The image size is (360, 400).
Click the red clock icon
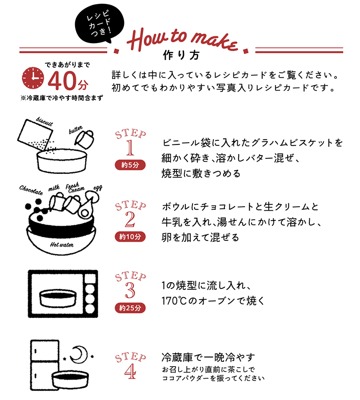click(x=33, y=78)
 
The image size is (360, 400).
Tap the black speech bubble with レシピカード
click(x=99, y=24)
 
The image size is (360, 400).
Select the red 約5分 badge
click(x=130, y=165)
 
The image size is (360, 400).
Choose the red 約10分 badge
click(x=130, y=236)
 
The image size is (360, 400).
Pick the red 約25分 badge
click(x=130, y=308)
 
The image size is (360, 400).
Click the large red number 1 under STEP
click(x=130, y=148)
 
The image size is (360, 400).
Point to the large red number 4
click(x=130, y=371)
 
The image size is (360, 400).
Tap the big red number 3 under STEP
click(x=130, y=290)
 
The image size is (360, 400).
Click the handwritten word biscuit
click(x=44, y=121)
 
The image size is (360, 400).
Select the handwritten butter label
click(x=76, y=130)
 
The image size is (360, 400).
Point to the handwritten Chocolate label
click(x=31, y=190)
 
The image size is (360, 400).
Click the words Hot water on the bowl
click(x=62, y=244)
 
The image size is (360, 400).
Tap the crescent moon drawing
click(x=79, y=355)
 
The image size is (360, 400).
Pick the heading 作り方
click(x=181, y=55)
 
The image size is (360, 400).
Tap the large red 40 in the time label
click(x=62, y=81)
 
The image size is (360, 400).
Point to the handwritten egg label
click(x=98, y=188)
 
